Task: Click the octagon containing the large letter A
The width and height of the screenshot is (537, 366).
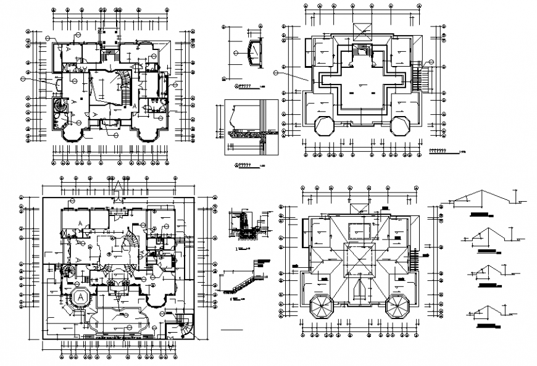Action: (x=81, y=297)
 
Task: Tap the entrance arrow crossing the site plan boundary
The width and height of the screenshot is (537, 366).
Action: (x=117, y=188)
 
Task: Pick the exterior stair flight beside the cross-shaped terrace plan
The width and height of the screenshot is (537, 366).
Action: (x=422, y=78)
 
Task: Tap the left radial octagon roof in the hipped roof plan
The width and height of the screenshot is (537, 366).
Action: (x=321, y=306)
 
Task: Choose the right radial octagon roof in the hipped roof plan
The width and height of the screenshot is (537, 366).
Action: (x=398, y=306)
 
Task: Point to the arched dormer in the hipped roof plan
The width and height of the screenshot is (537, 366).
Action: (x=359, y=289)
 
